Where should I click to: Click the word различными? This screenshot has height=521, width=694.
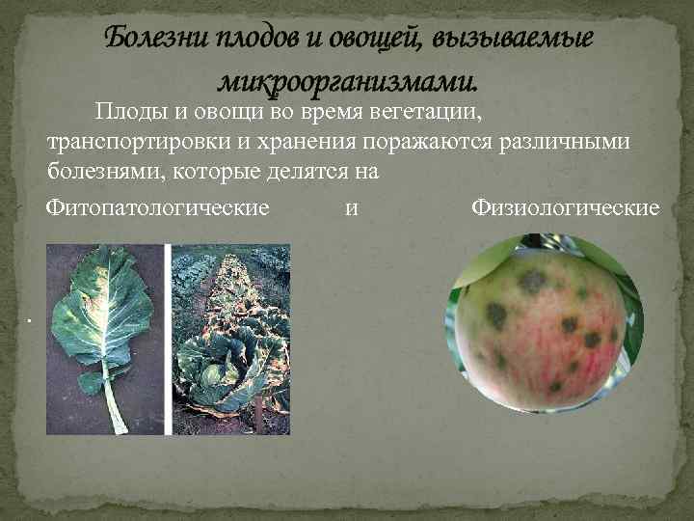click(x=568, y=143)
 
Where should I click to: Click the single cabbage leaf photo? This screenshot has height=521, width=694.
click(x=106, y=338)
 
